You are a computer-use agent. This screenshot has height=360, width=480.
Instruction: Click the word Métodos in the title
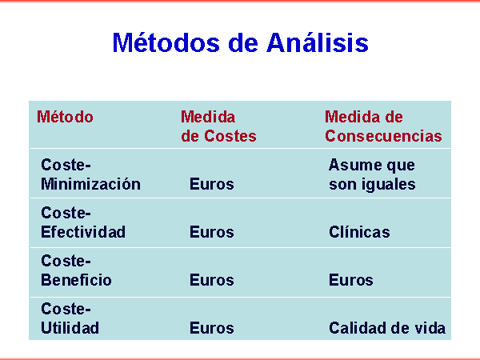pos(166,42)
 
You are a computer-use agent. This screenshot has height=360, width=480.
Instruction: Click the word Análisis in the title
pos(318,42)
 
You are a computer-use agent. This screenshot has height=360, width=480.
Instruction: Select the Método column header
pos(65,117)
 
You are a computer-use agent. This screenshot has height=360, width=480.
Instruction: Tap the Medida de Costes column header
pos(218,126)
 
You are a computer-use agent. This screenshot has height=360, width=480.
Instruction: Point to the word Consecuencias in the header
pos(383,136)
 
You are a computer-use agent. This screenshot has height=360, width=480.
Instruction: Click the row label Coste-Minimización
pos(90,174)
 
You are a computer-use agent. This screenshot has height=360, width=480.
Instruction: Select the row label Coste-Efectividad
pos(83,222)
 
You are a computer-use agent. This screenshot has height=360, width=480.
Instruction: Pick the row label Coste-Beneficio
pos(76,270)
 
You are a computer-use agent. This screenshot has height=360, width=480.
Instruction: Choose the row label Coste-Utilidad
pos(70,318)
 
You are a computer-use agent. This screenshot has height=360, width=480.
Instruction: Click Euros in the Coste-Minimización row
pos(212,184)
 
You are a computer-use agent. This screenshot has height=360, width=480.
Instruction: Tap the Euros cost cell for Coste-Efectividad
pos(212,232)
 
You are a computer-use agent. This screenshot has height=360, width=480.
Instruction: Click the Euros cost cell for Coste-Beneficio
pos(212,280)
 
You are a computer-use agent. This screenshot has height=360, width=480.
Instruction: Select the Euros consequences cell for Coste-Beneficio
pos(351,280)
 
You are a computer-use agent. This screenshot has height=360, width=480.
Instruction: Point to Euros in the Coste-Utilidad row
pos(212,328)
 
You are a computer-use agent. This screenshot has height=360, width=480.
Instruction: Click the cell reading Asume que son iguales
pos(372,175)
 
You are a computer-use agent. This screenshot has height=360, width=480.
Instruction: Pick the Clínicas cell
pos(359,232)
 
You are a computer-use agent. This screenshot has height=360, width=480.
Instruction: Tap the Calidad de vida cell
pos(387,328)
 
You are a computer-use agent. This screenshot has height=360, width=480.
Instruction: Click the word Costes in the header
pos(230,136)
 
